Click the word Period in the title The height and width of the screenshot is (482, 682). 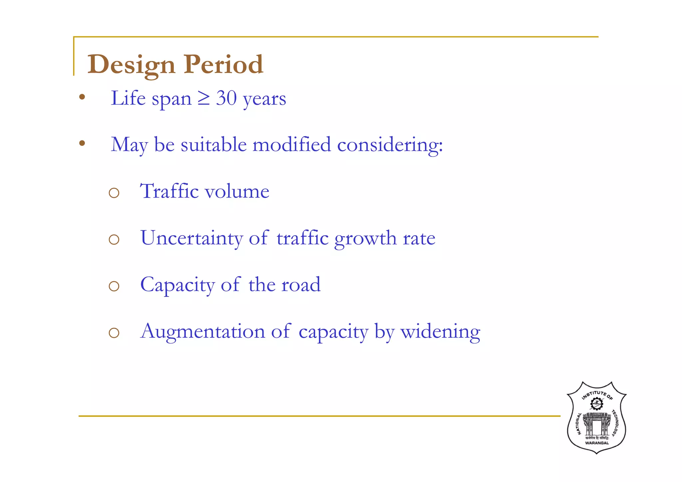(x=223, y=64)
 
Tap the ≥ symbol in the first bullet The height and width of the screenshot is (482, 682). (x=203, y=99)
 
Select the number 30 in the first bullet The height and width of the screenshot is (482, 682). (x=226, y=99)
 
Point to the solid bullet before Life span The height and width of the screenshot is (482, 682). (x=82, y=98)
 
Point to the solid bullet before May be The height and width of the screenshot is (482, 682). (x=82, y=144)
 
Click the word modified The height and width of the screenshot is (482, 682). (x=291, y=145)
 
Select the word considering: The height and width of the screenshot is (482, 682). (x=390, y=146)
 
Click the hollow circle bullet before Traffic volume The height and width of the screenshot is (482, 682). (x=114, y=193)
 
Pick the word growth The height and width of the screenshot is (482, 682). (x=365, y=239)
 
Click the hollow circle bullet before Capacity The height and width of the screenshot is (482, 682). (x=114, y=286)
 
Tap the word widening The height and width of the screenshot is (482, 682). (x=440, y=332)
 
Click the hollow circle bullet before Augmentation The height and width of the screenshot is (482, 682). (x=114, y=333)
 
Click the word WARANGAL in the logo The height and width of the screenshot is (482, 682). (x=597, y=443)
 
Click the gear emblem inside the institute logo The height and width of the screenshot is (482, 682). (x=596, y=404)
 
